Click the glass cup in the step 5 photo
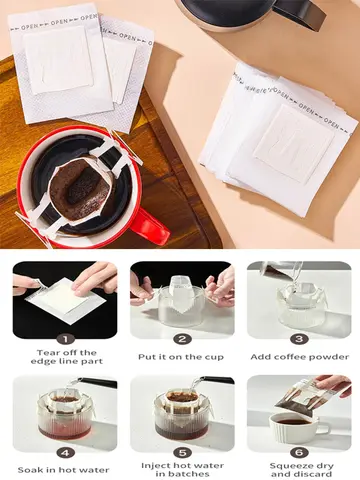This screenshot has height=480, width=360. pos(180,418)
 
